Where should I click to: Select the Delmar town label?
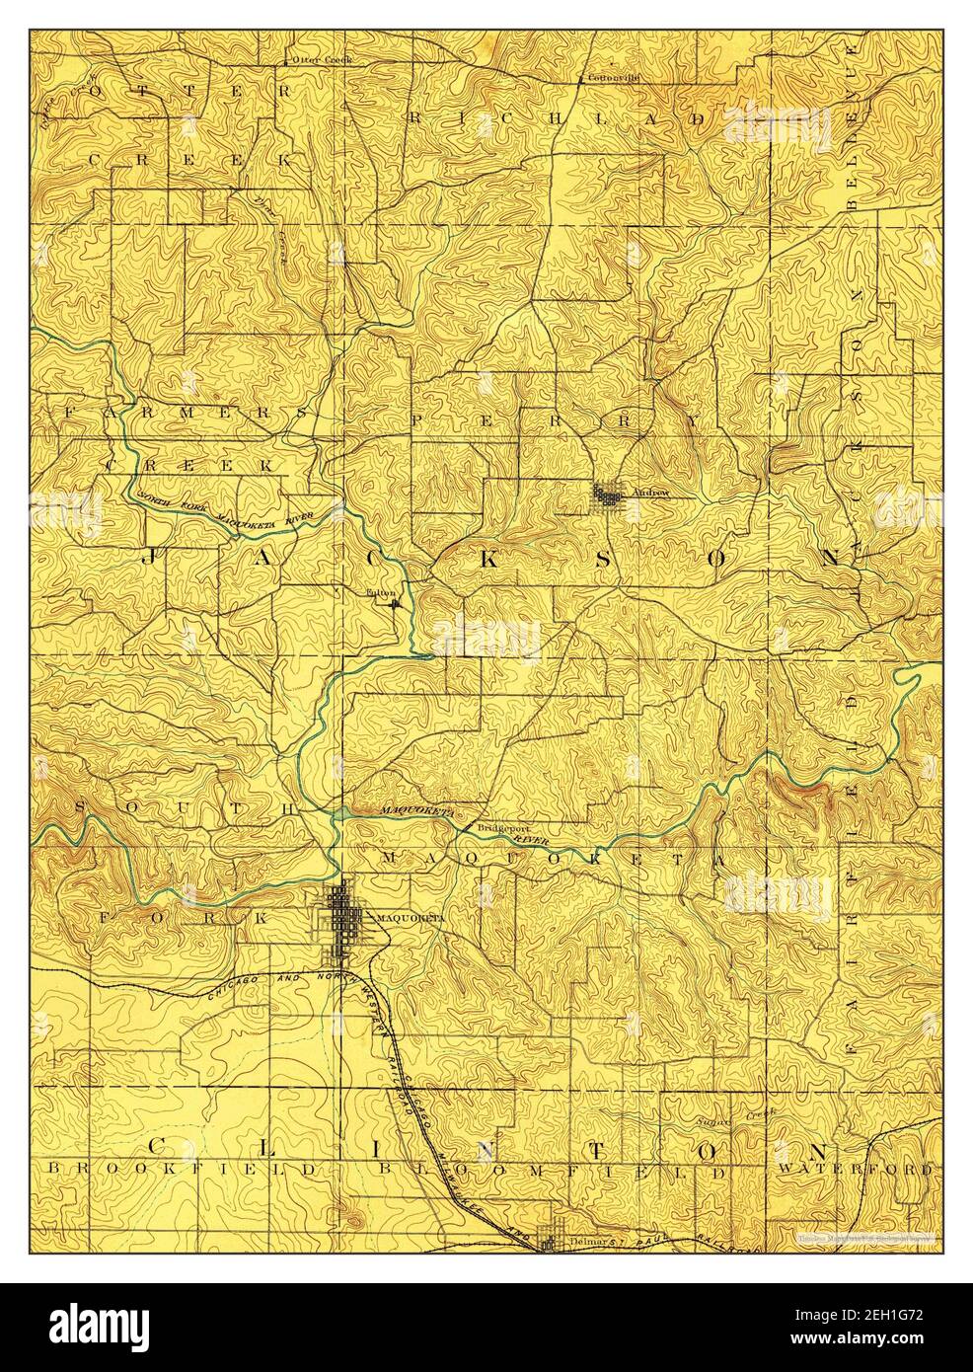click(586, 1238)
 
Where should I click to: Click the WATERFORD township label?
click(855, 1170)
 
